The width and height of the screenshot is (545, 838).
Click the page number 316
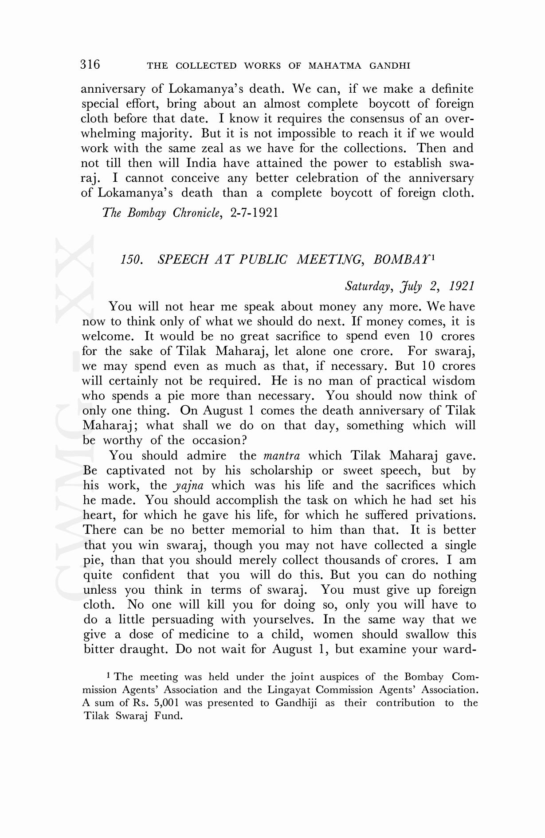click(x=90, y=65)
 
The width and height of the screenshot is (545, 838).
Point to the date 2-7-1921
click(x=255, y=213)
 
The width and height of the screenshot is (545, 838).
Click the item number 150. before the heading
click(x=132, y=259)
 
